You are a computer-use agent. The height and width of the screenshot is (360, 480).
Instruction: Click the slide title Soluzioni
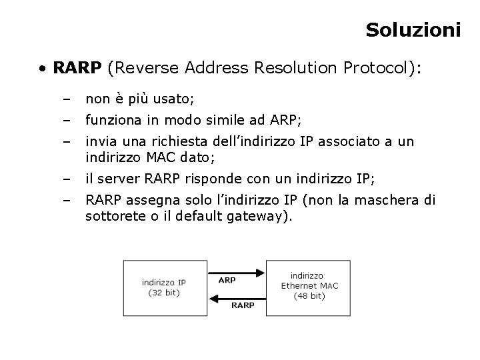point(413,30)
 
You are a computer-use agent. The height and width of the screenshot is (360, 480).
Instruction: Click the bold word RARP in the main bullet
point(77,68)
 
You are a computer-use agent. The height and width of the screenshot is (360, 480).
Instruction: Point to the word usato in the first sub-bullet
point(173,99)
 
